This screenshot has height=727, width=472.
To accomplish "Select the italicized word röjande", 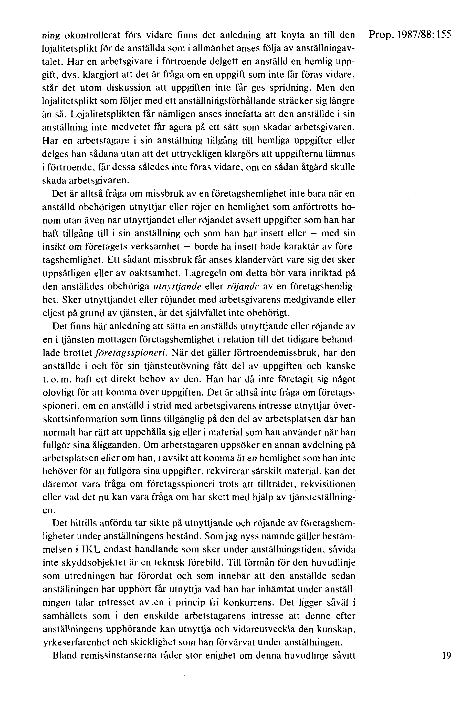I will [x=243, y=287].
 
